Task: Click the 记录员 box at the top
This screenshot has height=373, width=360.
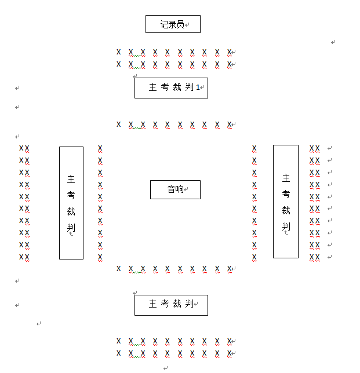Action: click(x=173, y=24)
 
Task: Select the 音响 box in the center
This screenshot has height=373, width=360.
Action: click(x=175, y=189)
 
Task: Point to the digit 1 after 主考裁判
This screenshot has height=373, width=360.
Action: click(x=198, y=87)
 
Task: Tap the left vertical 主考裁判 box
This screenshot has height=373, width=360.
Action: click(x=71, y=203)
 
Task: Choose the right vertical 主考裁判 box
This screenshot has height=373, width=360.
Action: click(x=286, y=201)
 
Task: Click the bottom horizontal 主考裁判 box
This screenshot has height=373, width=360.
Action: click(x=171, y=305)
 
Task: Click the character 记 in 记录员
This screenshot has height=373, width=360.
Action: click(x=165, y=24)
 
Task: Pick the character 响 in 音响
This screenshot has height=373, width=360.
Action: click(x=180, y=189)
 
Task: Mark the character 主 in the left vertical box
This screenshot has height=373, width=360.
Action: click(x=71, y=180)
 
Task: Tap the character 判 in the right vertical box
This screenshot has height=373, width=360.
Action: click(x=286, y=226)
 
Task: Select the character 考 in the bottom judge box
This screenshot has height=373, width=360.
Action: click(x=165, y=304)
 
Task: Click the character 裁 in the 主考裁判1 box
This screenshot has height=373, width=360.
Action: click(x=177, y=87)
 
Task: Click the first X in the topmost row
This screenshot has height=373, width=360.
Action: click(x=119, y=52)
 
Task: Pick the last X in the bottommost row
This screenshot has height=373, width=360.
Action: click(x=230, y=353)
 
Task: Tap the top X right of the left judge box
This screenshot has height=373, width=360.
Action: click(x=100, y=149)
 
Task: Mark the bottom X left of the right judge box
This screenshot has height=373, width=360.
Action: click(x=254, y=258)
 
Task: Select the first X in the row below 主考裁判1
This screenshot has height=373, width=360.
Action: click(x=119, y=125)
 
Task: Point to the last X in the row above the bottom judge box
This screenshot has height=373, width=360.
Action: click(x=230, y=269)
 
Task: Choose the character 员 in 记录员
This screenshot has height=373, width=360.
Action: click(x=180, y=24)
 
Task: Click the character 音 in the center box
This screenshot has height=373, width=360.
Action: click(x=171, y=189)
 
